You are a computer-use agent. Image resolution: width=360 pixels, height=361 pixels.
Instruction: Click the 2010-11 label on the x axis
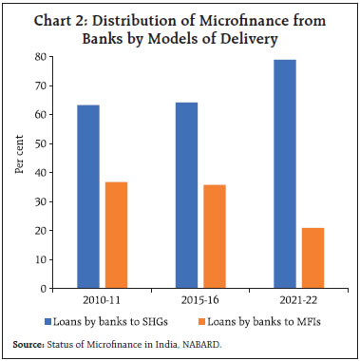(x=102, y=300)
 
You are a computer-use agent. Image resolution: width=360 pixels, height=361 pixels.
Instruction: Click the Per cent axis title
(x=18, y=172)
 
